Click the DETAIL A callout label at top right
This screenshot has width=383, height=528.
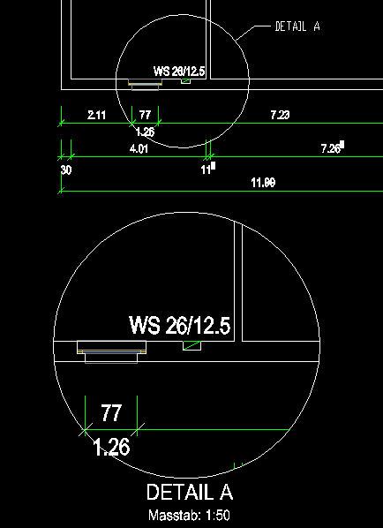coord(297,26)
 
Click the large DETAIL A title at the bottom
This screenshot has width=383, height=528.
coord(190,492)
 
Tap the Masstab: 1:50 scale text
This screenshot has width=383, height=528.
coord(190,516)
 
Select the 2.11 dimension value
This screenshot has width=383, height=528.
coord(96,115)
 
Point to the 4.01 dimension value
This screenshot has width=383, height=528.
coord(139,148)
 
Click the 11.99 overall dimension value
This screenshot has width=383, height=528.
coord(263,183)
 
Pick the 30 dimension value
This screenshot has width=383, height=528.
coord(66,170)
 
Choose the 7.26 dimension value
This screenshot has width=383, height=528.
coord(331,148)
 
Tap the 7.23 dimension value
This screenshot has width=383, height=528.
coord(280,115)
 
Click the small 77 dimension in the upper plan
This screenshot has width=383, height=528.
coord(145,115)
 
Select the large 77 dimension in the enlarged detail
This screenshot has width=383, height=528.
coord(110,413)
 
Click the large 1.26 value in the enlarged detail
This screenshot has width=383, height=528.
coord(111,448)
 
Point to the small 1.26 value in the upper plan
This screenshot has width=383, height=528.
coord(145,132)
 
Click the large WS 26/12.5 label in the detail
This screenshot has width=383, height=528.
coord(180,325)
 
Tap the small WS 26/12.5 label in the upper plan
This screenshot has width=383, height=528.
coord(179,71)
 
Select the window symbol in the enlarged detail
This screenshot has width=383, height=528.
coord(112,352)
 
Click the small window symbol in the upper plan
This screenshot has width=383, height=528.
coord(145,84)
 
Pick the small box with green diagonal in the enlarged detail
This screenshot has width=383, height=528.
coord(191,345)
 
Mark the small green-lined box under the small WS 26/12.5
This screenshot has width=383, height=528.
coord(186,81)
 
